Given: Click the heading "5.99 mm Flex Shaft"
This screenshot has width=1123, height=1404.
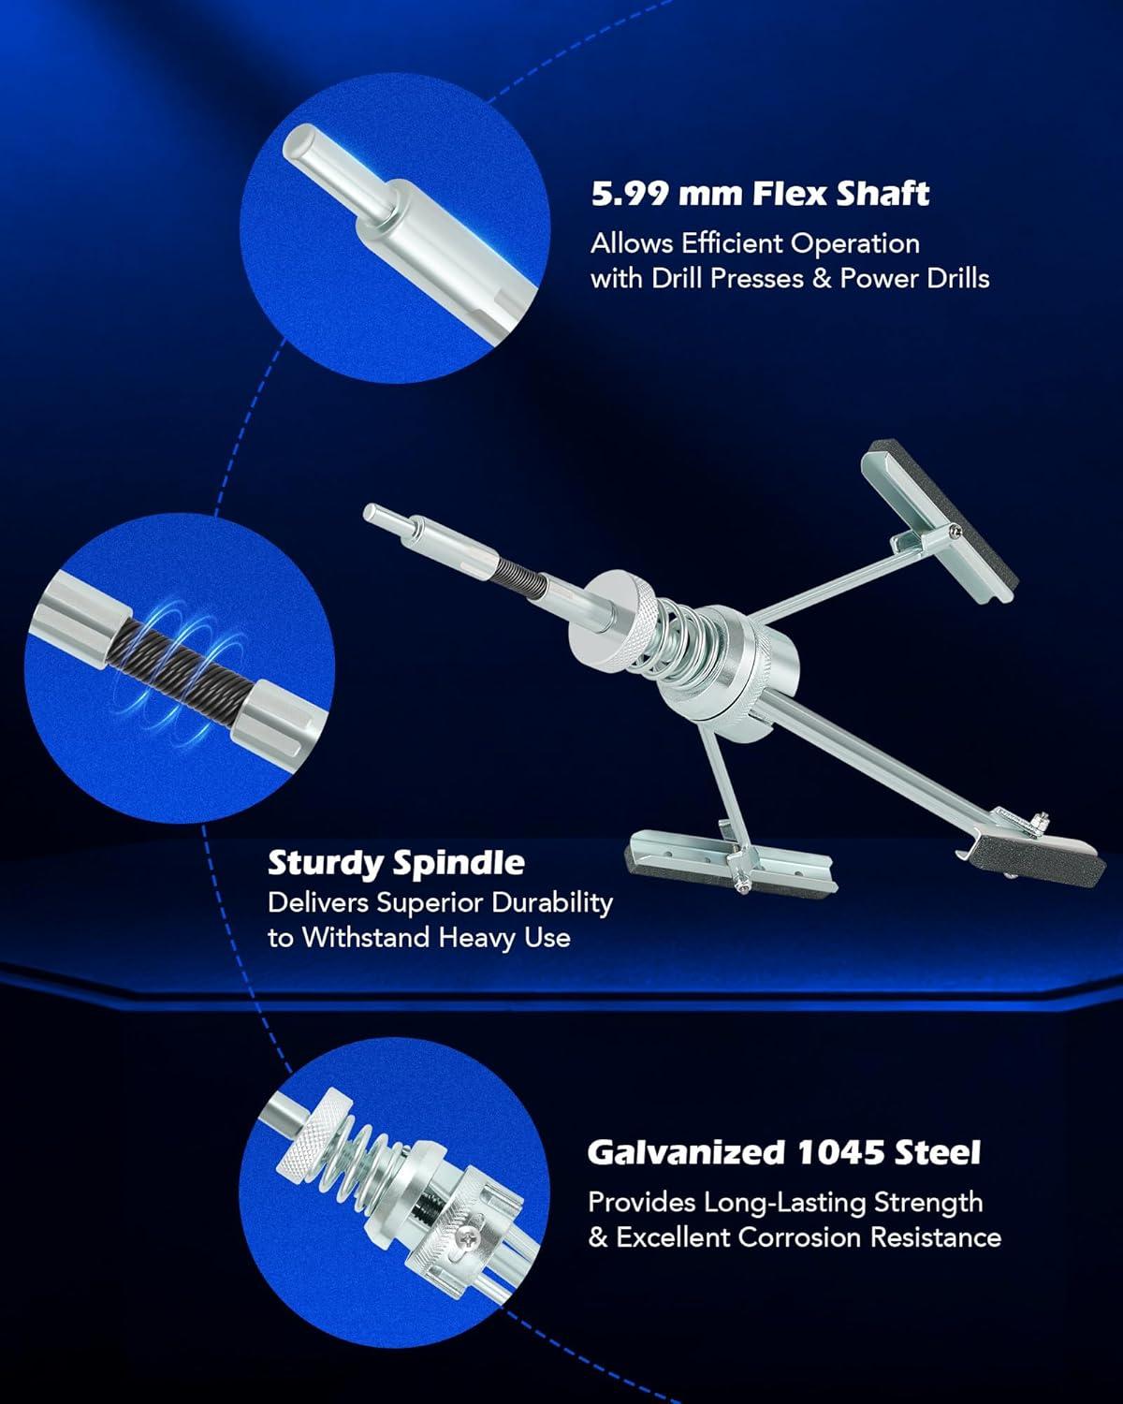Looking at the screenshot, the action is point(760,194).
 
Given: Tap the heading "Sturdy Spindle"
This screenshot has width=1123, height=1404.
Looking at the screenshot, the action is point(396,863).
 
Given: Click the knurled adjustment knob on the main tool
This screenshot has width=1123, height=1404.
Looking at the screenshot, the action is point(610,626).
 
